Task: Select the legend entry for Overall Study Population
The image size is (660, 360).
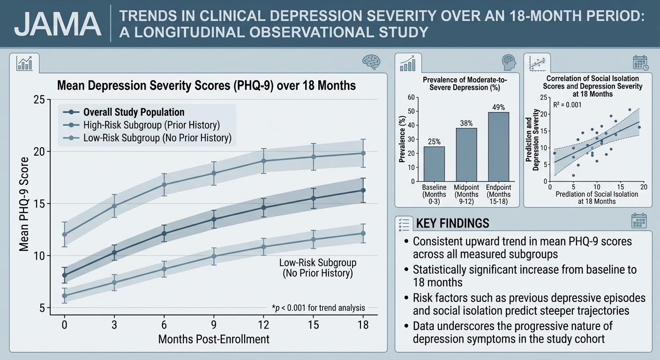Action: (134, 112)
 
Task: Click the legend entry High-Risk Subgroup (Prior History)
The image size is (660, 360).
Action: (151, 125)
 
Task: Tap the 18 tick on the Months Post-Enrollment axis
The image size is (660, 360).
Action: (362, 325)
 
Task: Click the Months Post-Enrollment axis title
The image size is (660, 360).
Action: (214, 339)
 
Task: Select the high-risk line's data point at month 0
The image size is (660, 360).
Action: (65, 234)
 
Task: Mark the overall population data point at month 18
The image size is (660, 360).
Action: (363, 190)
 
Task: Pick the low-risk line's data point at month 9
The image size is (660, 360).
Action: (214, 256)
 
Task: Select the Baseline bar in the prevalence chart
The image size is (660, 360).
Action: (434, 164)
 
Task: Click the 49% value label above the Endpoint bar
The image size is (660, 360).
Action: (498, 107)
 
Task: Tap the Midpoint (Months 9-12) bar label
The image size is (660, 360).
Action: (466, 195)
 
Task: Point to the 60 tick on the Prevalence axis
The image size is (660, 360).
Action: (411, 97)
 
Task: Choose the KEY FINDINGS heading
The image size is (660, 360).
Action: (452, 223)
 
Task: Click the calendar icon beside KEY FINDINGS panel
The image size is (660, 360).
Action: (639, 221)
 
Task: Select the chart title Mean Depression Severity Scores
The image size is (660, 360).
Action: (206, 86)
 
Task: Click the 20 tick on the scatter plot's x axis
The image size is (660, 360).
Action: (644, 187)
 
